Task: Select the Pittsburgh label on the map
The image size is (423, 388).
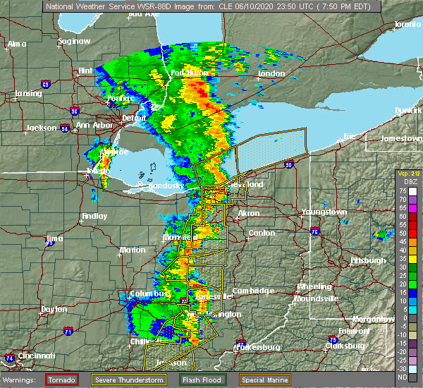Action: (x=367, y=260)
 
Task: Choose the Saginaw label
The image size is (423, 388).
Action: (x=75, y=41)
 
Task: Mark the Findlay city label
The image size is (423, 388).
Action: (x=94, y=216)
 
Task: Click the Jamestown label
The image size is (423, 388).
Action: (x=400, y=138)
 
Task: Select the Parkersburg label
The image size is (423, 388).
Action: (x=259, y=346)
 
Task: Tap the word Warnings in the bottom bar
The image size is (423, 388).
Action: (x=22, y=380)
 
